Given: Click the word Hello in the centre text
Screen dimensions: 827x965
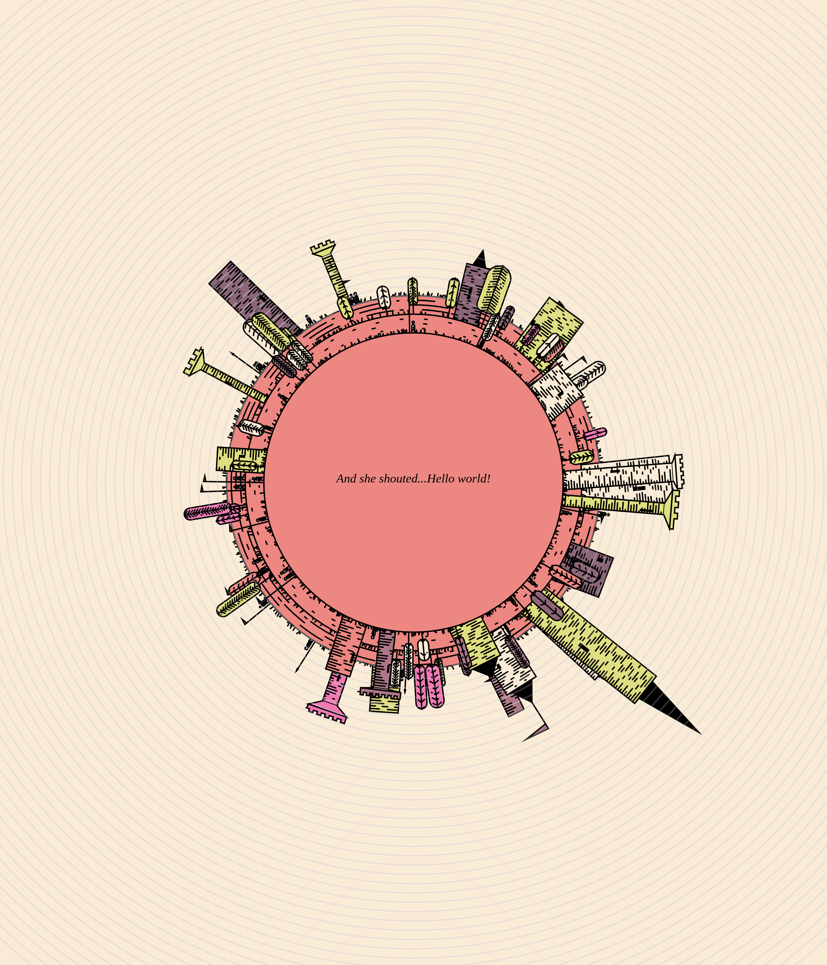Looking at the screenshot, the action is [x=441, y=478].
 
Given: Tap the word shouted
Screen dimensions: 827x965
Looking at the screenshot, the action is [x=398, y=478].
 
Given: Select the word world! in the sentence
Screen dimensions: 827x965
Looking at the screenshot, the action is [x=474, y=478].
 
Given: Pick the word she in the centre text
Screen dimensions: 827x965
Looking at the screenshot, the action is [x=368, y=479].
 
